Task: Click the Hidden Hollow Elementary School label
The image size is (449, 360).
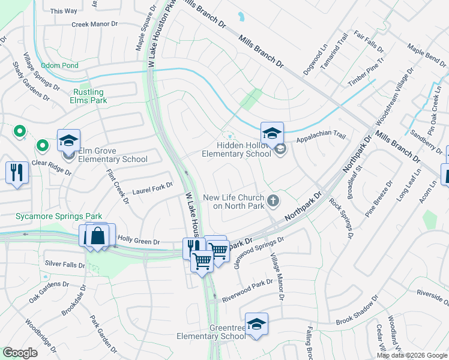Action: click(236, 149)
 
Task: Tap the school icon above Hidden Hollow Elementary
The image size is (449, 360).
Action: click(272, 133)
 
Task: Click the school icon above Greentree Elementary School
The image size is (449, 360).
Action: click(256, 324)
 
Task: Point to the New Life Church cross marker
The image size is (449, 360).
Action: click(274, 200)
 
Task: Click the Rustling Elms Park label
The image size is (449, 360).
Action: click(90, 96)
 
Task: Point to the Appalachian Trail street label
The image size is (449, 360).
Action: click(321, 137)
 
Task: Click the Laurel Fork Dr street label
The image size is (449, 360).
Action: click(152, 190)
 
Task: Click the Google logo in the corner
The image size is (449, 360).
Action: click(20, 353)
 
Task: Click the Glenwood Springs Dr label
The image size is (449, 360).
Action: click(258, 253)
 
